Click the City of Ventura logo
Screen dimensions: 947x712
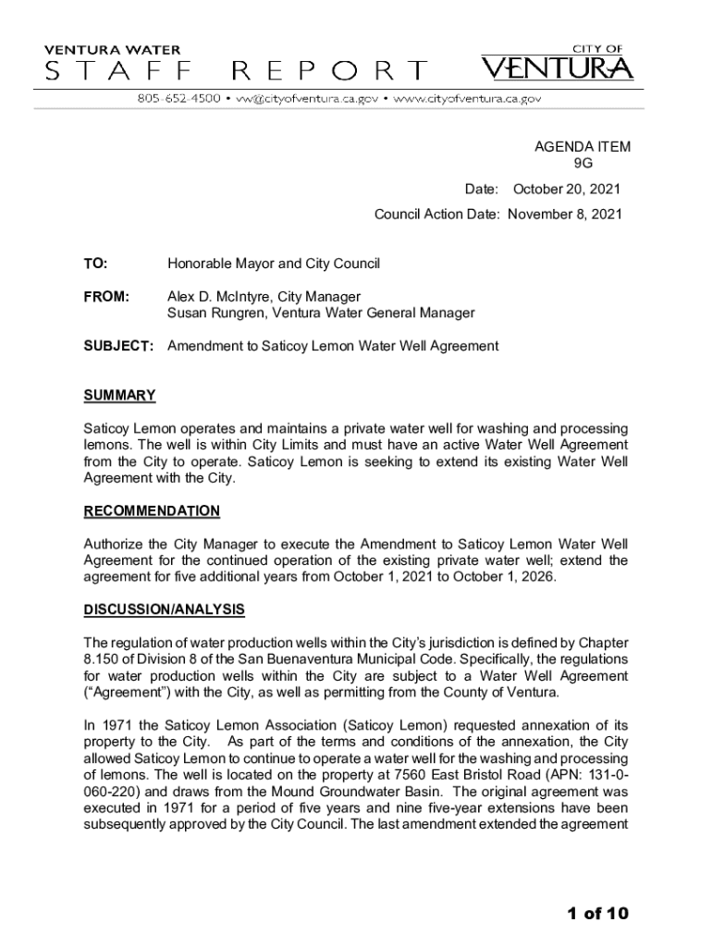(x=558, y=64)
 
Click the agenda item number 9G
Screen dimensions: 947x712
(x=583, y=164)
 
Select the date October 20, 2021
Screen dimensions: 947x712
(x=566, y=190)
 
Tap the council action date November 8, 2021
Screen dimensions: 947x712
(x=565, y=214)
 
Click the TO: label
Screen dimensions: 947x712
(x=95, y=264)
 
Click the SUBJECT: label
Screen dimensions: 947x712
(x=117, y=346)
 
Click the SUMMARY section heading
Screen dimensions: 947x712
(x=119, y=396)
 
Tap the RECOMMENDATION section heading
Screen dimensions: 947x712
(x=152, y=511)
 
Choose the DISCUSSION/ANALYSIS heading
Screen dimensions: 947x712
(x=164, y=609)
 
